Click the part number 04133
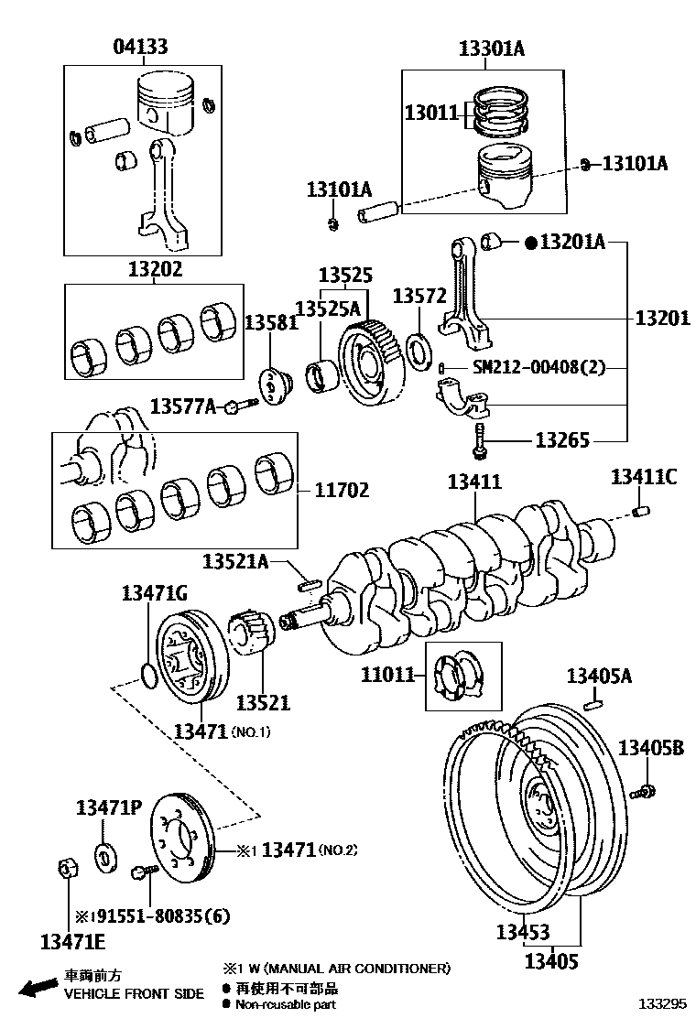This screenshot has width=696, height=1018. (140, 48)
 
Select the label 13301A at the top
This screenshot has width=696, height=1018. (492, 49)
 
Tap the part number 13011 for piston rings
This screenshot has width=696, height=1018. (431, 113)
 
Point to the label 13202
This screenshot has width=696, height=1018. (155, 269)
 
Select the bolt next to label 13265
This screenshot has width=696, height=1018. (478, 442)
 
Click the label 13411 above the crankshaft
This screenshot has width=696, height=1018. (474, 482)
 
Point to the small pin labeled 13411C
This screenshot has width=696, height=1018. (643, 511)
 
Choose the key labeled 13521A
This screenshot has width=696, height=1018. (308, 582)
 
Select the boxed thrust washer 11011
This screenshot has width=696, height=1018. (461, 677)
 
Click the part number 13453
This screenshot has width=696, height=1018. (523, 932)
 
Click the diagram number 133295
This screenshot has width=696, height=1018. (662, 1003)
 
